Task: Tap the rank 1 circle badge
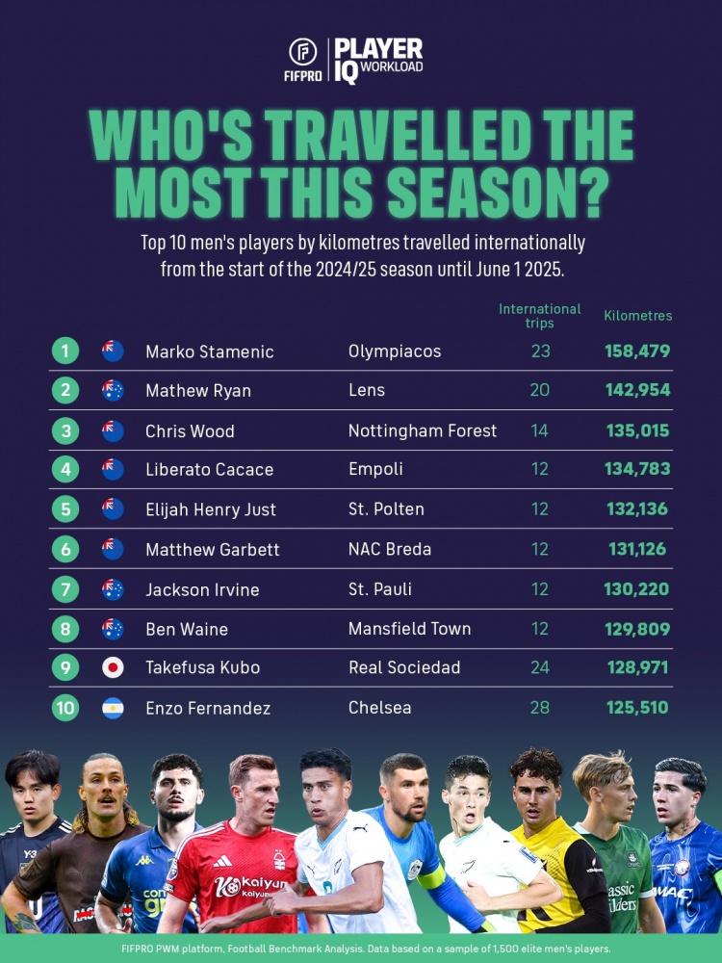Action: [64, 351]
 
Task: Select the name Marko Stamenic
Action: [209, 351]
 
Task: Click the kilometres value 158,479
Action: [637, 351]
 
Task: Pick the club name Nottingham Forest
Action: [423, 430]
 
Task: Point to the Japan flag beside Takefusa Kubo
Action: [113, 667]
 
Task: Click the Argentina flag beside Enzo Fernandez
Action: [113, 708]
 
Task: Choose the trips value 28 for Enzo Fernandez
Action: [540, 708]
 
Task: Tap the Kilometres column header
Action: [637, 316]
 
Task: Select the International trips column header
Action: [540, 316]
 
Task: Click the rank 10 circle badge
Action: [64, 708]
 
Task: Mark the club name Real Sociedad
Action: [404, 667]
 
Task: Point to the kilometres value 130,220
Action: [637, 588]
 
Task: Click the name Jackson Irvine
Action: [202, 589]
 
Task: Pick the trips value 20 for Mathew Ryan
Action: [540, 390]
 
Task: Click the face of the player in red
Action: [252, 792]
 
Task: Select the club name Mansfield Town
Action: [409, 629]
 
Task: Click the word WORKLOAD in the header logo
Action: [392, 67]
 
